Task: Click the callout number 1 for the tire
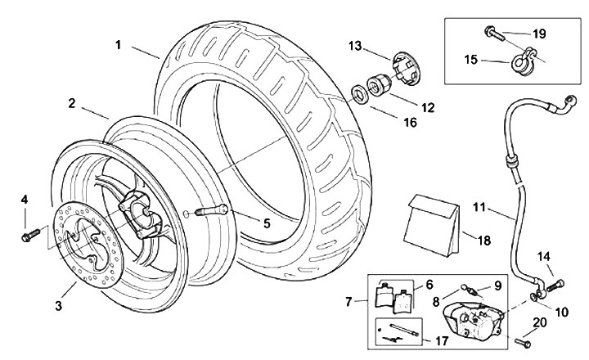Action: pos(119,45)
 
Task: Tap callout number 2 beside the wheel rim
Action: pos(72,104)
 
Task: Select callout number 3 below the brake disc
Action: pos(59,306)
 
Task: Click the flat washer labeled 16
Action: pos(359,91)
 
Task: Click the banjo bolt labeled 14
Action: pos(561,284)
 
